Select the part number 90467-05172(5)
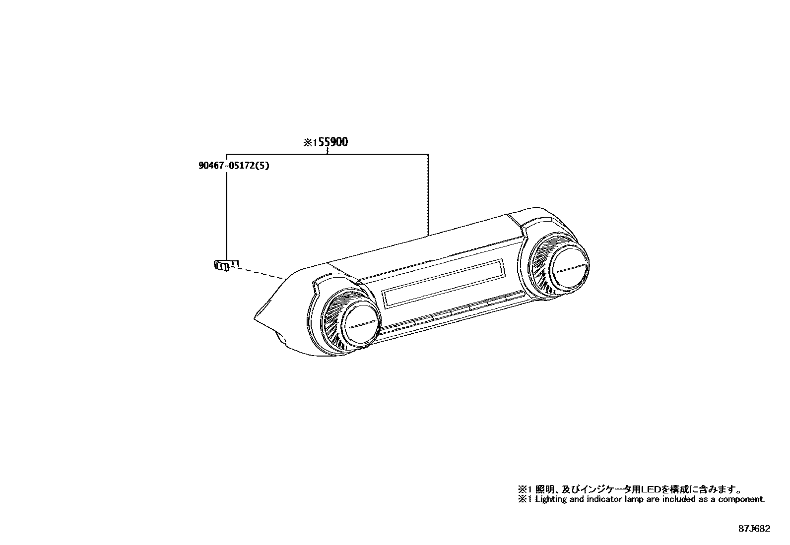pos(234,166)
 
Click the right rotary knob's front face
pos(570,269)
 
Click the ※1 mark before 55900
pos(310,142)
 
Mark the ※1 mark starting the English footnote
pos(525,499)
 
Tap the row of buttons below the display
pos(452,312)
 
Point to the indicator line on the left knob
pos(361,325)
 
